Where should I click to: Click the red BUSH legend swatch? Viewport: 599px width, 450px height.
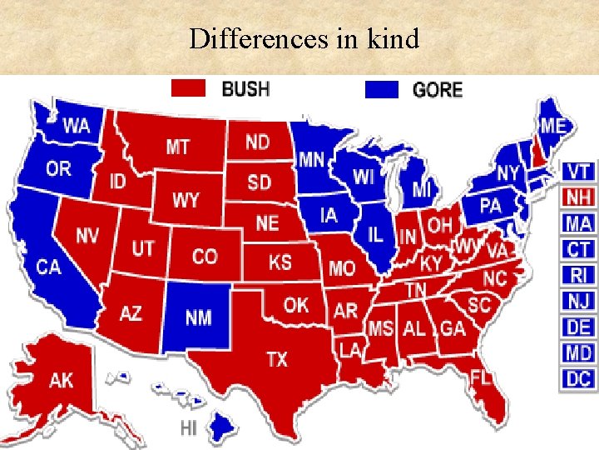[189, 87]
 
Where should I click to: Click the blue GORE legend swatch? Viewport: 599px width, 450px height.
[382, 88]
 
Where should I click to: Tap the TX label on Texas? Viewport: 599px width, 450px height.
[277, 359]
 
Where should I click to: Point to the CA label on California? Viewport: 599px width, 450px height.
[49, 267]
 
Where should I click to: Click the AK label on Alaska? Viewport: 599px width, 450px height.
[61, 380]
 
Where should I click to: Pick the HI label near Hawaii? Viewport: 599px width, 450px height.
[189, 427]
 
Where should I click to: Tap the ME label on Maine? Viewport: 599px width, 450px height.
[552, 126]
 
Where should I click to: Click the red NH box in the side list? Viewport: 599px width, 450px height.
[578, 197]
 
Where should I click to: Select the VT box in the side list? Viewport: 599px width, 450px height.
[578, 172]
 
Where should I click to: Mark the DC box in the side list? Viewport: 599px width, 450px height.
[578, 379]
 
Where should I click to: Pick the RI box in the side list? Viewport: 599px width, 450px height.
[578, 275]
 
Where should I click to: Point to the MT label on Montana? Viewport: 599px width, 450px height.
[177, 147]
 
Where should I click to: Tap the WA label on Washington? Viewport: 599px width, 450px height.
[77, 127]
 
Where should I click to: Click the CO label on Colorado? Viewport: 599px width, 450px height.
[205, 256]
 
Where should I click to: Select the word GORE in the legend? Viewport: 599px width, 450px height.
[438, 89]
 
